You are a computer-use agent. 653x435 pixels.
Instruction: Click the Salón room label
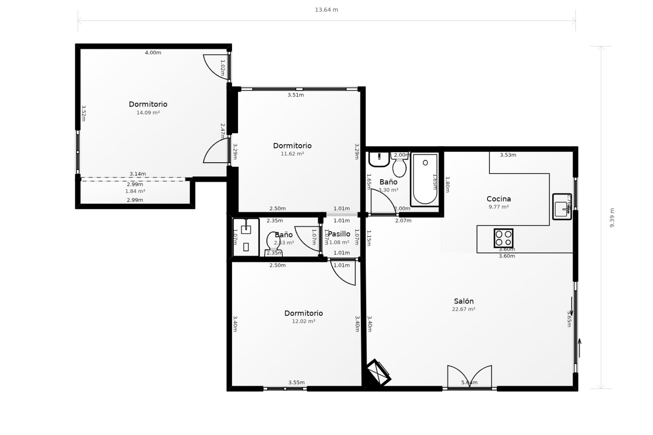pos(464,301)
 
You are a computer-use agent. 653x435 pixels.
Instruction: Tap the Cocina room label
pos(499,199)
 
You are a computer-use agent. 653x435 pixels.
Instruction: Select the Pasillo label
pos(339,234)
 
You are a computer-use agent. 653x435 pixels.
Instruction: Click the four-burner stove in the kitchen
pos(503,238)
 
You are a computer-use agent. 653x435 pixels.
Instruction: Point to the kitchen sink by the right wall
pos(562,207)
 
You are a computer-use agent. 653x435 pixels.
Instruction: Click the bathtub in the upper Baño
pos(425,179)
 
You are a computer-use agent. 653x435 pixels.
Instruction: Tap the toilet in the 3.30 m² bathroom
pos(399,167)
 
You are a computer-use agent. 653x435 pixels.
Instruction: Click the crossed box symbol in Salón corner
pos(379,372)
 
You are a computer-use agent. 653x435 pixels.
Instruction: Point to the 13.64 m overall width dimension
pos(326,10)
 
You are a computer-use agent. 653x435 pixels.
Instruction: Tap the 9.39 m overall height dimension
pos(612,217)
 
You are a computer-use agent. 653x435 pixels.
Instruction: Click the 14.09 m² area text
pos(148,112)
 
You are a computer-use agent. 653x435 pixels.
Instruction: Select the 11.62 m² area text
pos(292,154)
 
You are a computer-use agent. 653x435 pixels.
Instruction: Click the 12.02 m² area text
pos(303,321)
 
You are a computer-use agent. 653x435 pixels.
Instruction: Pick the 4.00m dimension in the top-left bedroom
pos(153,53)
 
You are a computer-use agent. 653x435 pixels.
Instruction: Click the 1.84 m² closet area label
pos(135,191)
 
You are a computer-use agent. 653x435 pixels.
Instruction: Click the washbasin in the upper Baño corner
pos(379,159)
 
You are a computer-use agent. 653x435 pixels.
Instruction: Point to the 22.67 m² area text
pos(464,309)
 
